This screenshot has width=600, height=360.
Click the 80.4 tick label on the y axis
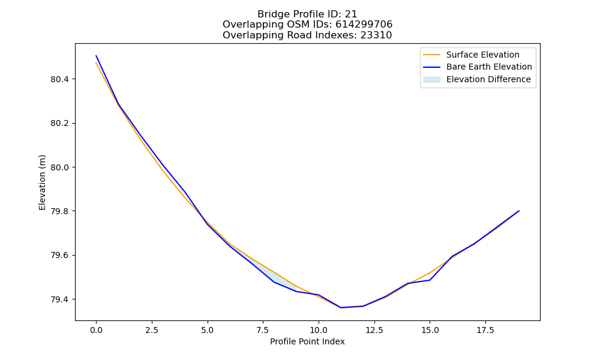(59, 80)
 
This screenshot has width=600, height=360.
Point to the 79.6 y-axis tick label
(59, 255)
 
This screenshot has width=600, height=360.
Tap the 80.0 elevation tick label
(59, 167)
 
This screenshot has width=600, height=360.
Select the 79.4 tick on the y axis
(59, 299)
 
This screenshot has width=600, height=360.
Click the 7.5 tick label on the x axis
(263, 330)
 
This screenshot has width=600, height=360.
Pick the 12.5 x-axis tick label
(374, 330)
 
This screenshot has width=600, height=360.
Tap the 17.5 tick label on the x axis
(485, 330)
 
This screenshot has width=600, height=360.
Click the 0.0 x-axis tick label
(96, 330)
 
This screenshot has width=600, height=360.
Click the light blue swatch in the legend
(431, 80)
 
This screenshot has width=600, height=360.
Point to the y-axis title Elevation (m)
(42, 182)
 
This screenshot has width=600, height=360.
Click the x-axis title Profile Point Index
(307, 341)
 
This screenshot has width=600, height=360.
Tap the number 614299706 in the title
(364, 25)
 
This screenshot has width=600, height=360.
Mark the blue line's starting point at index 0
(96, 55)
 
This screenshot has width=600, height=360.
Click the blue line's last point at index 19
(519, 211)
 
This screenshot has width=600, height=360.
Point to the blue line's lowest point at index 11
(341, 308)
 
